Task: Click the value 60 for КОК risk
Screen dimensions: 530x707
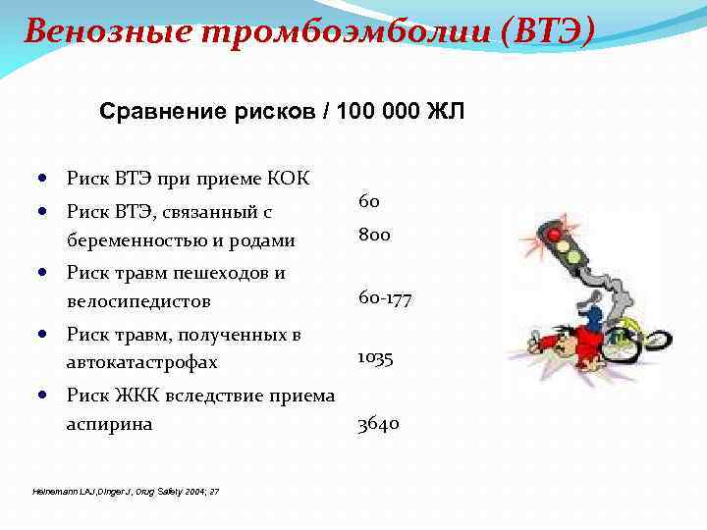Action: tap(369, 201)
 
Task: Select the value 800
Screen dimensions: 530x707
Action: tap(374, 235)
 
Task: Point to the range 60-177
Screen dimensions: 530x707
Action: tap(385, 298)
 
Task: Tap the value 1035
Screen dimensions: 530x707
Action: tap(375, 358)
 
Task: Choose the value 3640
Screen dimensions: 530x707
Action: tap(378, 424)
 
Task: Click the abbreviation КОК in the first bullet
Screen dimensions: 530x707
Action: tap(286, 178)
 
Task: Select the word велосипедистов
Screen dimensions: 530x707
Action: tap(138, 300)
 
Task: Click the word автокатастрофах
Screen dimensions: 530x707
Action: tap(141, 362)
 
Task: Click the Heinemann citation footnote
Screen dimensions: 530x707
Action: tap(126, 491)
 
